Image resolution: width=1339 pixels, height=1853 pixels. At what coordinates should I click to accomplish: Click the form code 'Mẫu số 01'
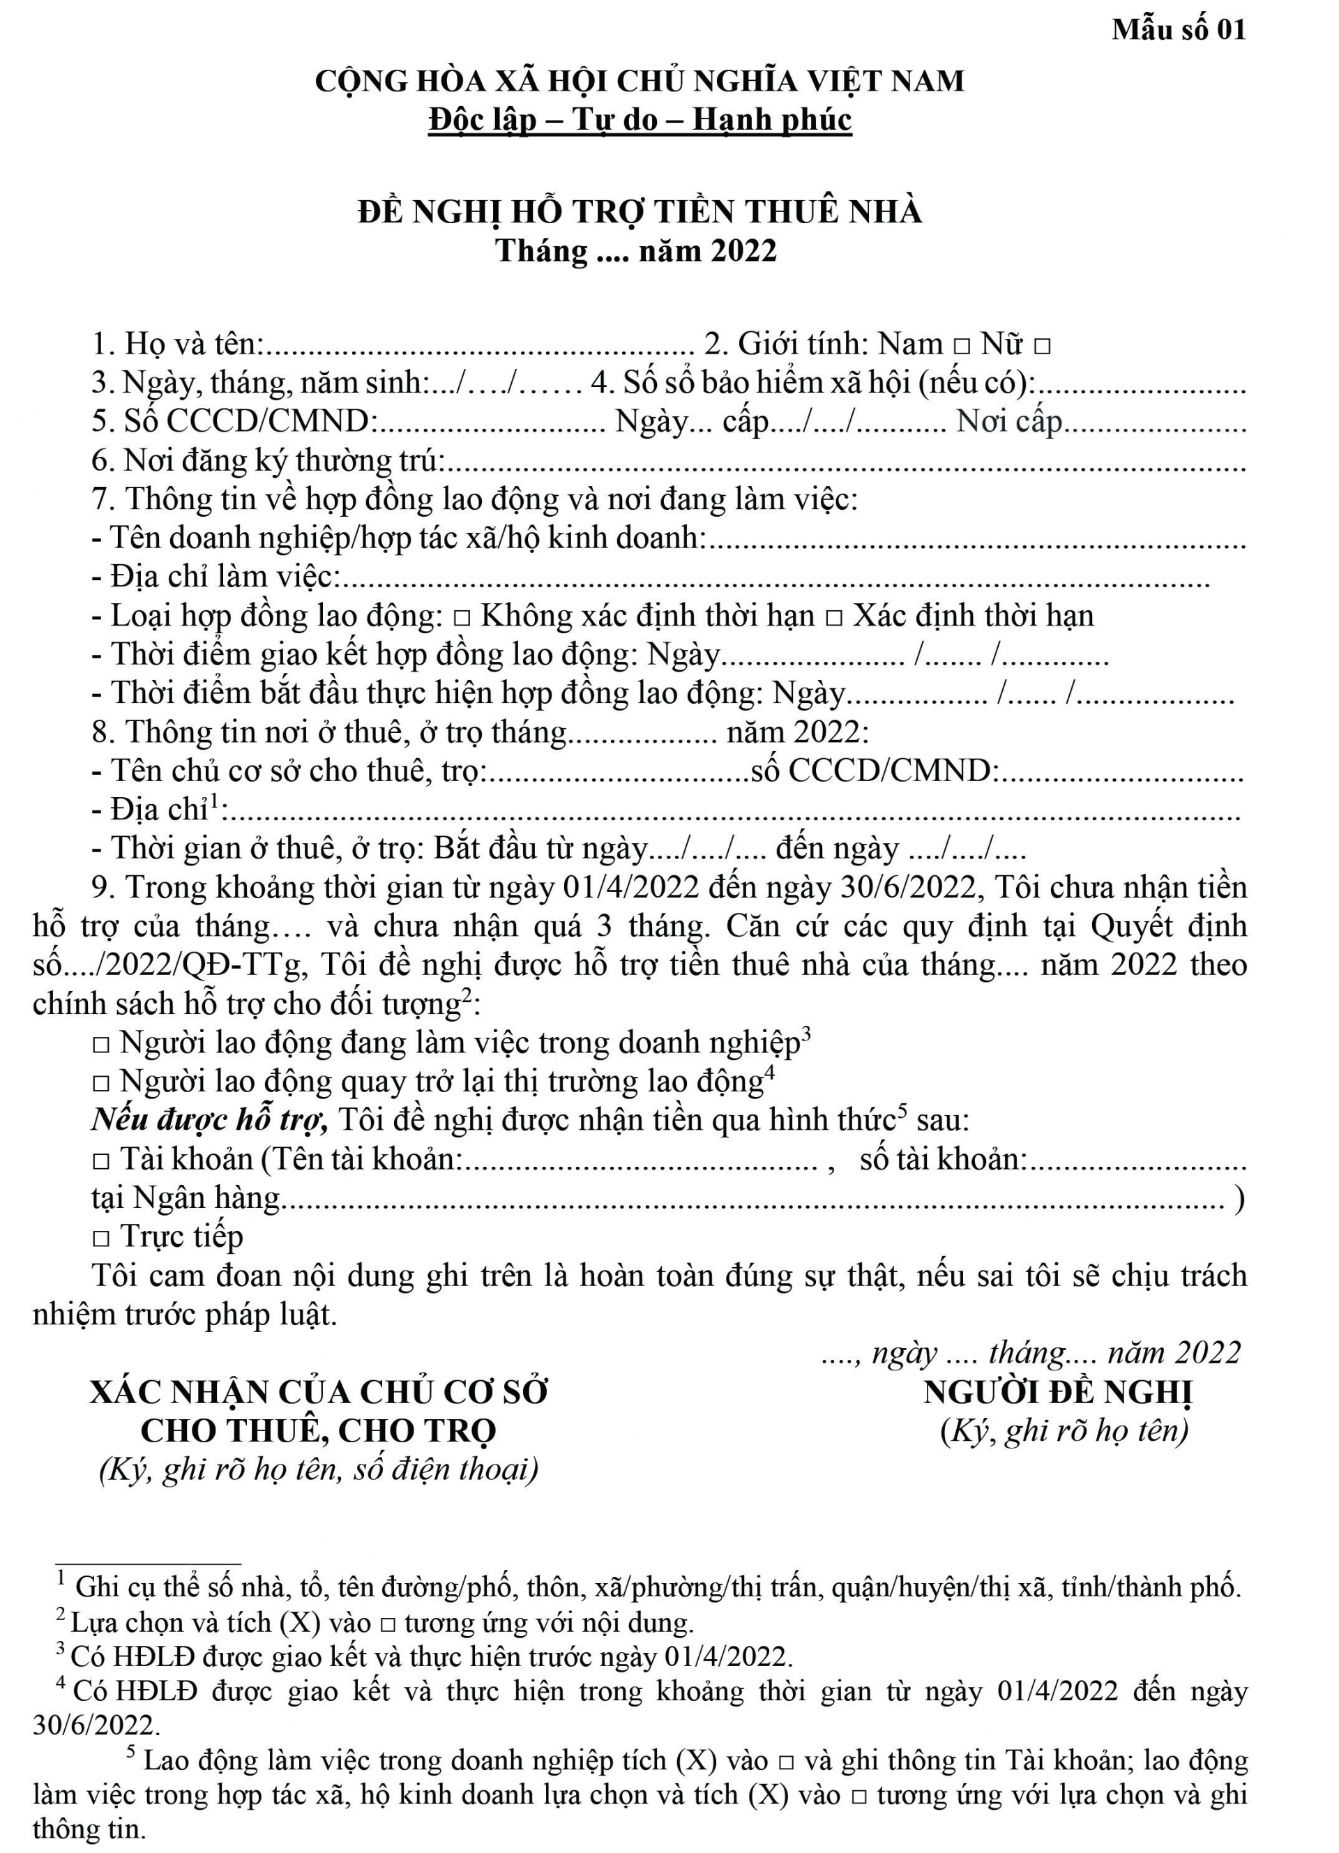point(1178,30)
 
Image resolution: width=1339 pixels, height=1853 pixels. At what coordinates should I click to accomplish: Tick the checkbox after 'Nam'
point(962,347)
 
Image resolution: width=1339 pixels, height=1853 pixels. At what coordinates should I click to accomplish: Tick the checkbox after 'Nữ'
point(1042,347)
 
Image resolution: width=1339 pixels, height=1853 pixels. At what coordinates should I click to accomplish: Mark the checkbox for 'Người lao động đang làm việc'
point(101,1045)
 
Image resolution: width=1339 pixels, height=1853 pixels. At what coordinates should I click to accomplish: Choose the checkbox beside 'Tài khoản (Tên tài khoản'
point(101,1161)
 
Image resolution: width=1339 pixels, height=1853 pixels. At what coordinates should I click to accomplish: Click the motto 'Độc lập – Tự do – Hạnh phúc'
point(640,120)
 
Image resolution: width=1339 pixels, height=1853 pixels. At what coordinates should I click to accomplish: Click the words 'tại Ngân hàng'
point(186,1199)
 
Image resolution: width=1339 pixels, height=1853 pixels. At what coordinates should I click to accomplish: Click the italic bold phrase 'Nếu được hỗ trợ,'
point(210,1120)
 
